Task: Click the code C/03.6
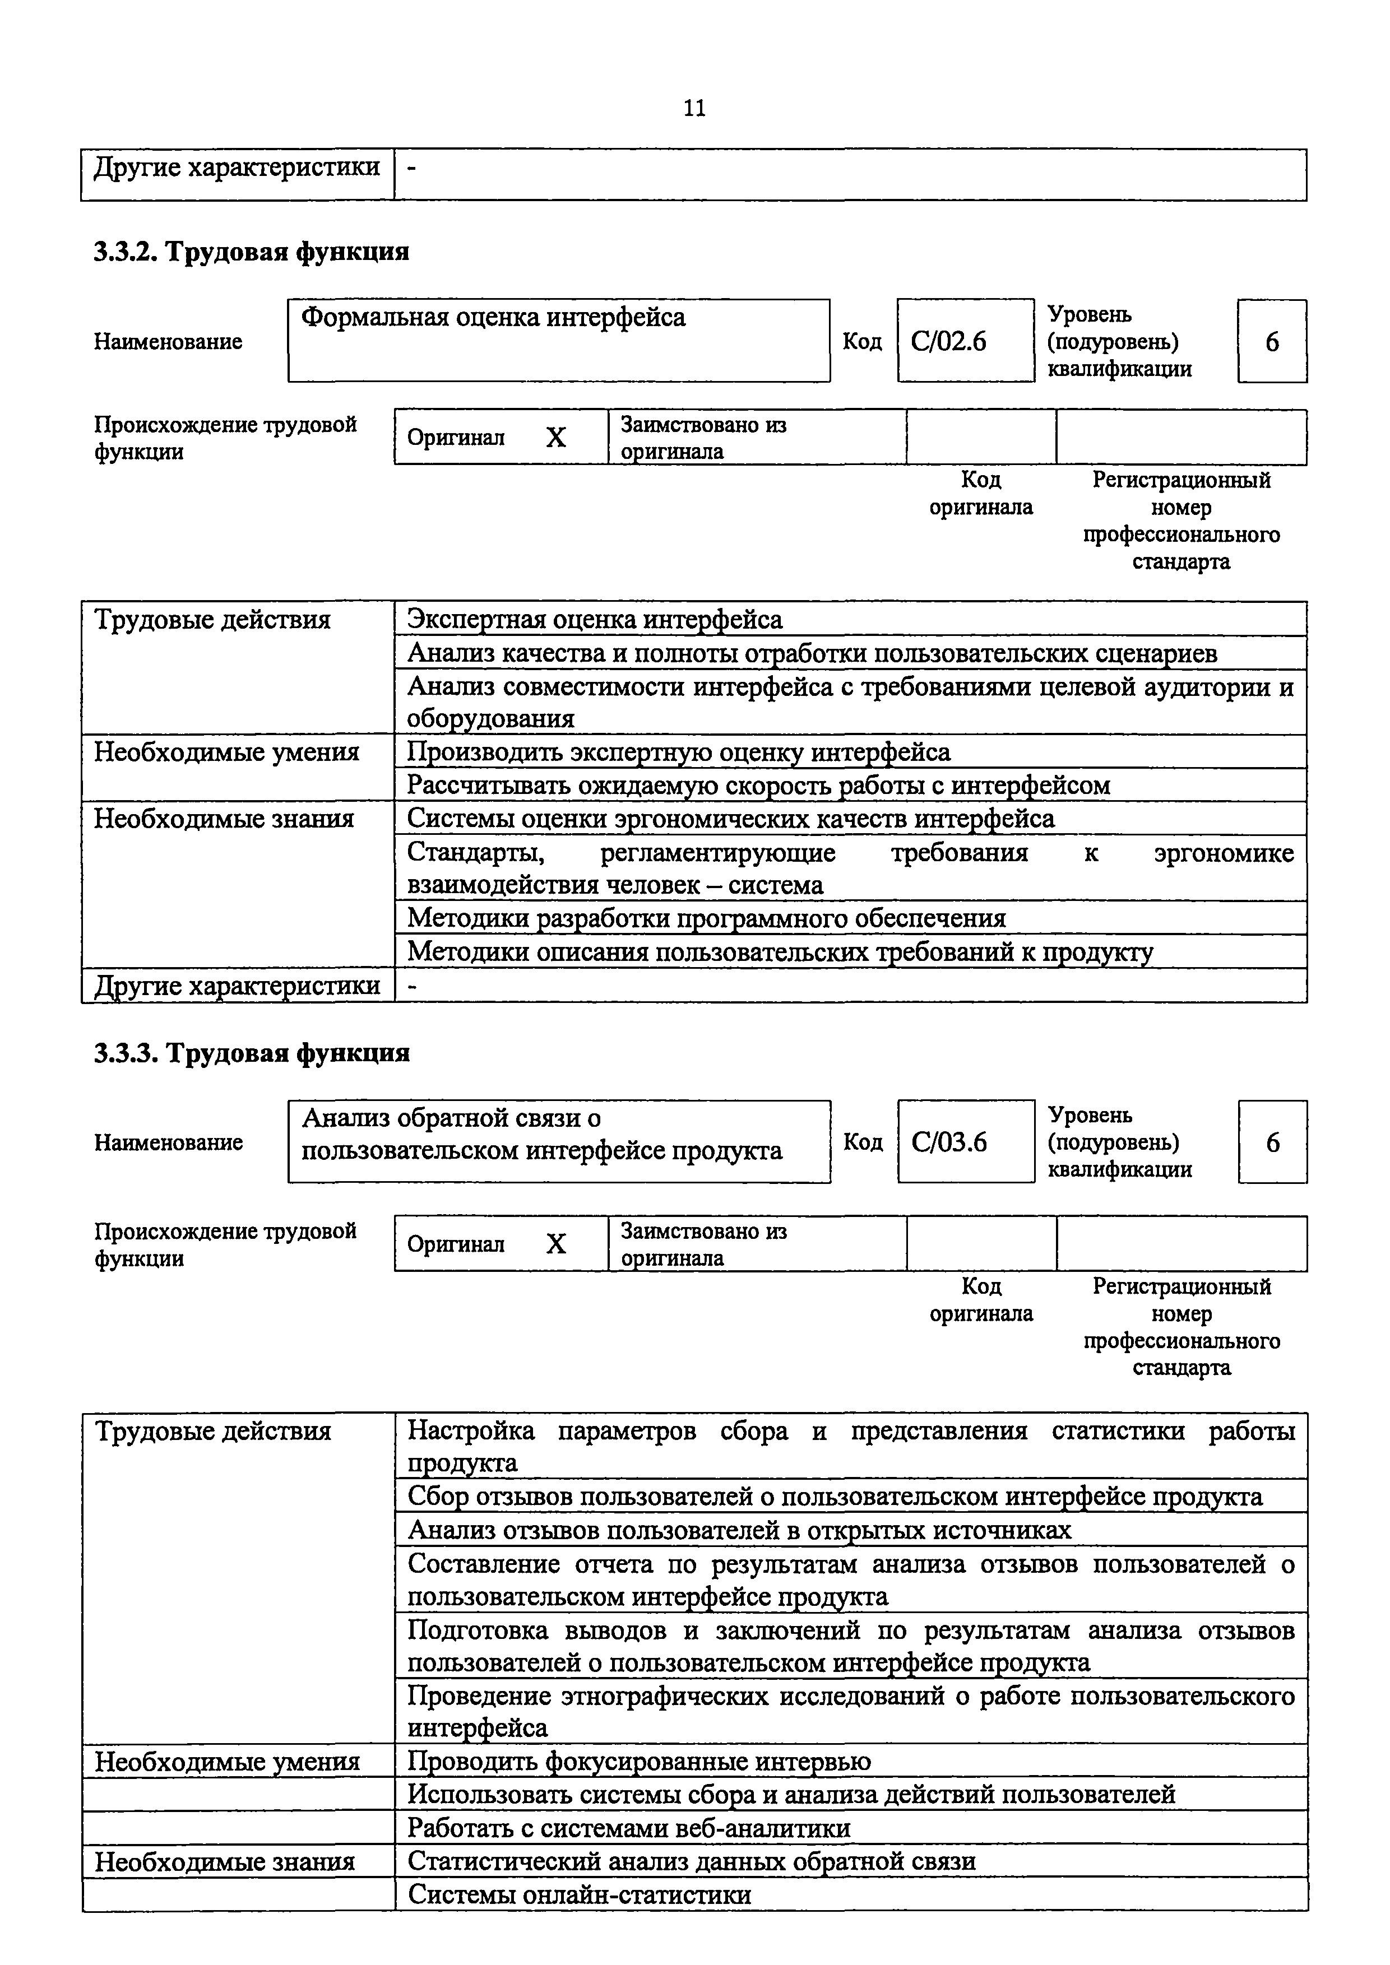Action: point(949,1142)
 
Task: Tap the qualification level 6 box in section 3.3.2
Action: point(1272,341)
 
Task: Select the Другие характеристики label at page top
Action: point(236,167)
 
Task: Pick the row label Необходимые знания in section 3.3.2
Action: point(224,819)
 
